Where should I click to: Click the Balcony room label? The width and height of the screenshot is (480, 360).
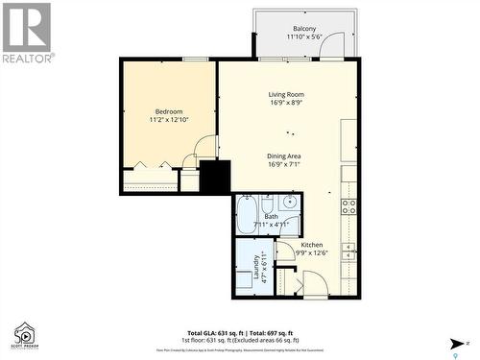[x=305, y=29]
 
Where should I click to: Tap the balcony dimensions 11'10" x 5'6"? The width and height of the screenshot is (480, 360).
[x=305, y=37]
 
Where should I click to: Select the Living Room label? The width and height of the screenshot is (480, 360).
[x=286, y=94]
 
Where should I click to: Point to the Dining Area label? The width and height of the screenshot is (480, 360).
[x=285, y=156]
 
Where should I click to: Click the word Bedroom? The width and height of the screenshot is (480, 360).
[x=169, y=111]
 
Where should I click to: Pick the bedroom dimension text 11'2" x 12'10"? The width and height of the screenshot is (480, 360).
[x=169, y=120]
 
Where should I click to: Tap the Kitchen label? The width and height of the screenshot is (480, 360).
[x=312, y=245]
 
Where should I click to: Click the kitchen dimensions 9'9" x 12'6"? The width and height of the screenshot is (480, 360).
[x=312, y=253]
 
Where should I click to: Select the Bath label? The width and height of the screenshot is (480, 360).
[x=271, y=217]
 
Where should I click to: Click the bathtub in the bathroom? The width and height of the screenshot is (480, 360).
[x=246, y=214]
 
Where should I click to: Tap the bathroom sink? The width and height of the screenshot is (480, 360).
[x=288, y=203]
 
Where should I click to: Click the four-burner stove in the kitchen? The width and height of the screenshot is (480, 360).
[x=349, y=205]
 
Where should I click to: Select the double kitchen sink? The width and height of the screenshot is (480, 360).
[x=350, y=252]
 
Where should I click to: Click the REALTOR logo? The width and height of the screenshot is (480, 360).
[x=27, y=33]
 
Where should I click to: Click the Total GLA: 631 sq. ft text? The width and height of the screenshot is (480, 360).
[x=212, y=328]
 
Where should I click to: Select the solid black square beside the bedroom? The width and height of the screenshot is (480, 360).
[x=215, y=179]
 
